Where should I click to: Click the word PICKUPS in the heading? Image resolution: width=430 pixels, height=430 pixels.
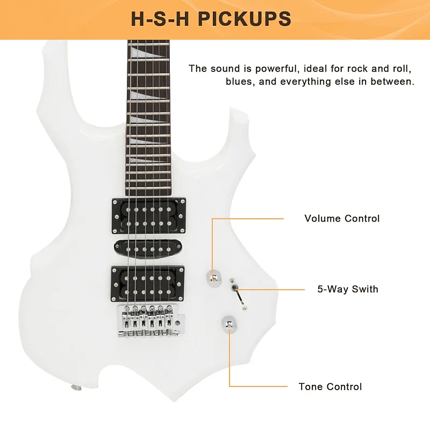pyautogui.click(x=245, y=19)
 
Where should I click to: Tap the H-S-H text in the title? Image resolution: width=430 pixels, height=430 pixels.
pyautogui.click(x=160, y=19)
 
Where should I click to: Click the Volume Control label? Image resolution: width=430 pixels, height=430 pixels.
pyautogui.click(x=342, y=219)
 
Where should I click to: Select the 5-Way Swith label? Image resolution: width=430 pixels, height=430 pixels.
pyautogui.click(x=348, y=289)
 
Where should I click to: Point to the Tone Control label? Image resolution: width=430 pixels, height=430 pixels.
pyautogui.click(x=330, y=386)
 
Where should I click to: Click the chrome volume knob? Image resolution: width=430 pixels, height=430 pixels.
pyautogui.click(x=213, y=278)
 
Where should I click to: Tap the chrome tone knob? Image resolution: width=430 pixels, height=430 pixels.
pyautogui.click(x=229, y=324)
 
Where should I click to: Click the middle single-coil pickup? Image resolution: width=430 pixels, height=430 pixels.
pyautogui.click(x=148, y=249)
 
